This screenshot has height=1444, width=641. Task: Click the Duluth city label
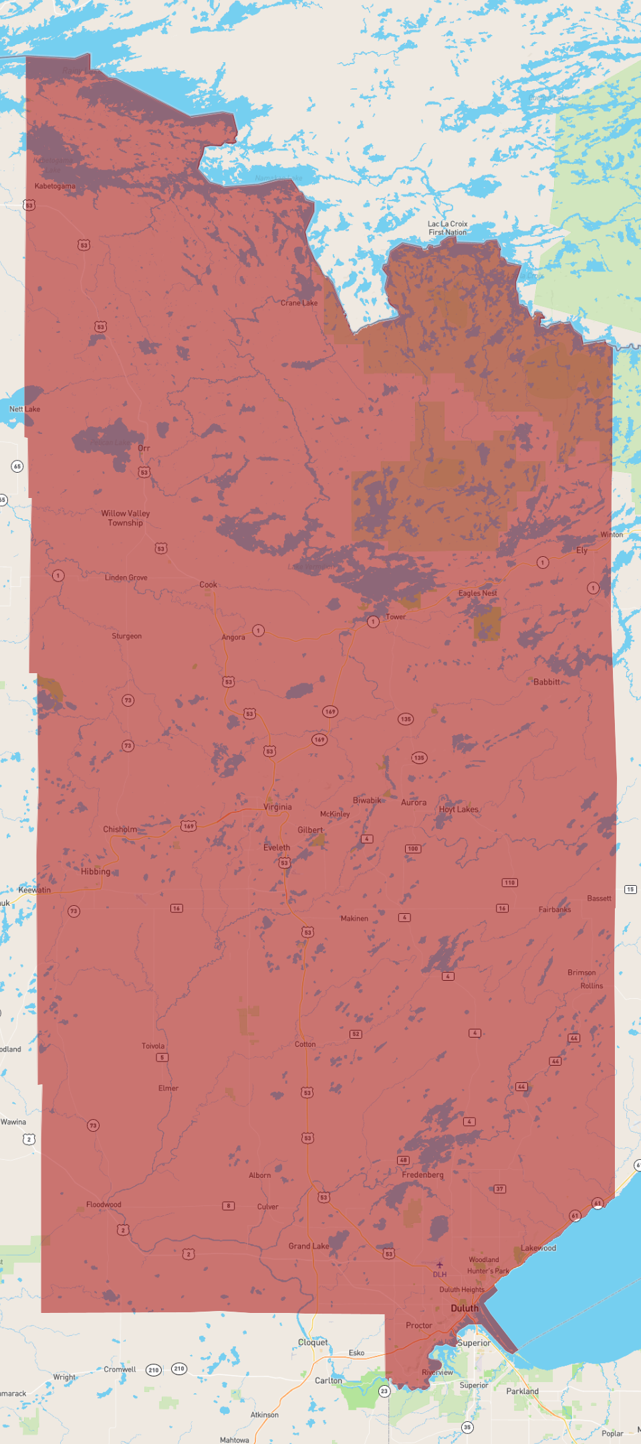tap(465, 1308)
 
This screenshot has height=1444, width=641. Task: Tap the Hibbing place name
tap(96, 872)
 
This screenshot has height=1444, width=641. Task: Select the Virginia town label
tap(277, 807)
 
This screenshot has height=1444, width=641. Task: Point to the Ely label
tap(582, 550)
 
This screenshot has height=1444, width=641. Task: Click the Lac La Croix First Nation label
tap(448, 228)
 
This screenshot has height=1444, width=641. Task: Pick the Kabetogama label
tap(55, 186)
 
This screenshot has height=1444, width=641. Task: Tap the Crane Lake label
tap(299, 303)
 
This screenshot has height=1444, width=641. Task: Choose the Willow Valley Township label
tap(126, 518)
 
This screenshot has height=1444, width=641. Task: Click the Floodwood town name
tap(104, 1205)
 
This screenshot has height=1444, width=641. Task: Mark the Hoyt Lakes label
tap(459, 810)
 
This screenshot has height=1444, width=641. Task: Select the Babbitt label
tap(547, 682)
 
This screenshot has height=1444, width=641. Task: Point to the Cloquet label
tap(313, 1342)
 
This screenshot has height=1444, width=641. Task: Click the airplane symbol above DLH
tap(439, 1265)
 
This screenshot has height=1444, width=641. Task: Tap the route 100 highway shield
tap(413, 849)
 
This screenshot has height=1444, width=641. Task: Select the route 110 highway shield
tap(510, 882)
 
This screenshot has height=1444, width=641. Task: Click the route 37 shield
tap(500, 1189)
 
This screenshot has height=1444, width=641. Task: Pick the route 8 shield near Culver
tap(229, 1206)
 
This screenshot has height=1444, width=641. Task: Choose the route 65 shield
tap(17, 466)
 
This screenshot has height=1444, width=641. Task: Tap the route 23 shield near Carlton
tap(384, 1391)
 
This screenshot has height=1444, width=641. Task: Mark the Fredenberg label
tap(422, 1175)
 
